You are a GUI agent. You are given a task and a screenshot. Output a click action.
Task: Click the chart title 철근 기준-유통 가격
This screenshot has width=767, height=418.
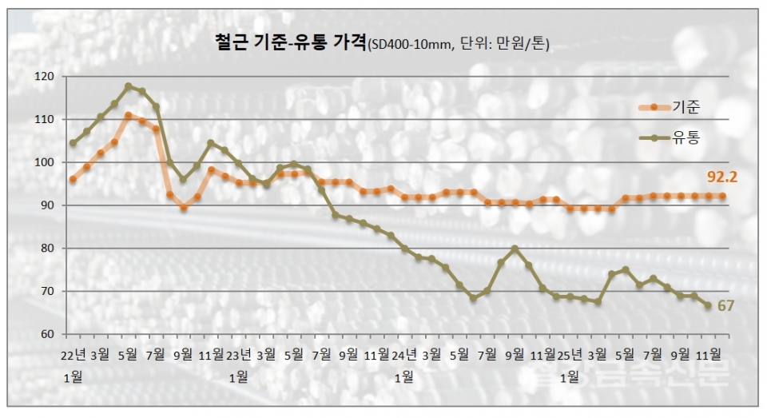[x=290, y=43]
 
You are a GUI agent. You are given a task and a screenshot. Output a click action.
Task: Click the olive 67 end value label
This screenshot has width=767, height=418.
[x=725, y=305]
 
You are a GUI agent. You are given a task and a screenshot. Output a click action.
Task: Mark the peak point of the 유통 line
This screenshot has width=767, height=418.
[x=128, y=86]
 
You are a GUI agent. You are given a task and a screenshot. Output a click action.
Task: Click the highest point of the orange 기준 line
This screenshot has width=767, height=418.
[x=128, y=116]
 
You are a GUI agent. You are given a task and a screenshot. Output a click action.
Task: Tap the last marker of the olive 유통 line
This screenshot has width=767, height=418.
[x=708, y=305]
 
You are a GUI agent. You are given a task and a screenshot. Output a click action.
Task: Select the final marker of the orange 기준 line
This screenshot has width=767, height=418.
[x=721, y=196]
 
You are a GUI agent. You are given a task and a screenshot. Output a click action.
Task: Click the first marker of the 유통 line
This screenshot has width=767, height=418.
[x=73, y=143]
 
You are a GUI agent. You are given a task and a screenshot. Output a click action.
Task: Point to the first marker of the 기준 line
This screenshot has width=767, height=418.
[x=73, y=180]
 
